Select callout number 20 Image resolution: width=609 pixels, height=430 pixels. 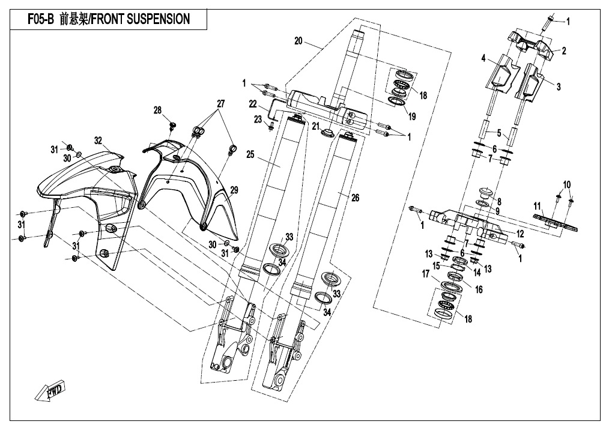(298, 41)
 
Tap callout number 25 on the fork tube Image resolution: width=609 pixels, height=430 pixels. (250, 155)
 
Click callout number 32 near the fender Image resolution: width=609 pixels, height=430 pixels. (98, 140)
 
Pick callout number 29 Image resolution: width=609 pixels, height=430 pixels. (234, 190)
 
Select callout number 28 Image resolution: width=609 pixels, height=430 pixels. (158, 110)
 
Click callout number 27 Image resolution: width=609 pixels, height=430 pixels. (220, 104)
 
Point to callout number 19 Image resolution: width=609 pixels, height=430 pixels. (411, 118)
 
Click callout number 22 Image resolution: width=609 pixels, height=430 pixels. (253, 104)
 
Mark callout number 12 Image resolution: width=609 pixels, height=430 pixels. (520, 232)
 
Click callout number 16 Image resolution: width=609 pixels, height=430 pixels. (479, 289)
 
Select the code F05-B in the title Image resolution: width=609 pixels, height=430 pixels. (40, 19)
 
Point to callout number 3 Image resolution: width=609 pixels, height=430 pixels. (558, 86)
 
